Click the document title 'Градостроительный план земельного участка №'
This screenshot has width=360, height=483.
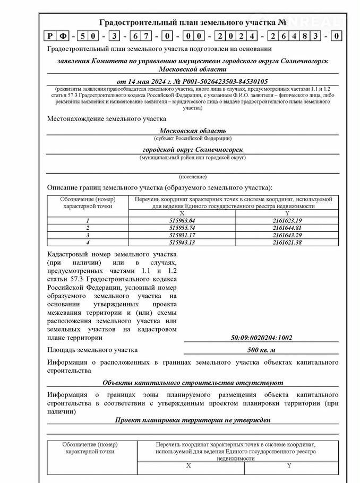pos(193,22)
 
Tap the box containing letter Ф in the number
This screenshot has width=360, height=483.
pos(63,37)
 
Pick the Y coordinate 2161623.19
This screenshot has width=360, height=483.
pos(287,220)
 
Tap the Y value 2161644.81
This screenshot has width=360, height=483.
pos(287,227)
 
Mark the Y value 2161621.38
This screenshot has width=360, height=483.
pos(287,242)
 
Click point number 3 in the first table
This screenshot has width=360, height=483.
pos(88,235)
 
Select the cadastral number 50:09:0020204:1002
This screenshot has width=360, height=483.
pos(261,338)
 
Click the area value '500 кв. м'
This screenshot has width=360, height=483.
pos(261,350)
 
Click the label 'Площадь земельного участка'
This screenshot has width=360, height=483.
pos(92,350)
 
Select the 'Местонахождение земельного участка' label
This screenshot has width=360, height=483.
pos(106,119)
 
